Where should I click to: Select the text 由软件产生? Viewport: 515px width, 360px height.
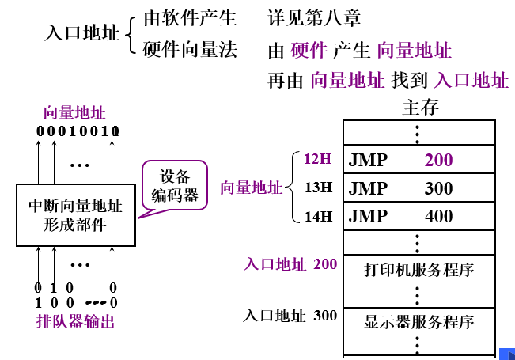(x=190, y=17)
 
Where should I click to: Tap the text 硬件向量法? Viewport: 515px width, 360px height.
(x=190, y=51)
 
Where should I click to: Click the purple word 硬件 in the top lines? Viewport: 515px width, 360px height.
(x=309, y=51)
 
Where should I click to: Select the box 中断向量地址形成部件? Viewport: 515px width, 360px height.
(x=75, y=215)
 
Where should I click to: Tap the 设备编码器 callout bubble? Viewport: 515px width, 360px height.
(x=175, y=185)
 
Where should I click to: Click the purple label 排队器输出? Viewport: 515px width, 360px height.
(x=76, y=321)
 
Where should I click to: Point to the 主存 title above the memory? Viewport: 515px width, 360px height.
(x=420, y=107)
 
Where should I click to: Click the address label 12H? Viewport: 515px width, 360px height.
(x=317, y=159)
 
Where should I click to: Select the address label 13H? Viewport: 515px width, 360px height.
(x=317, y=188)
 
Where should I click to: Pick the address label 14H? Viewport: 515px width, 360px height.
(x=317, y=216)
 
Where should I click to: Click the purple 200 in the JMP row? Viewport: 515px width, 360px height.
(x=438, y=160)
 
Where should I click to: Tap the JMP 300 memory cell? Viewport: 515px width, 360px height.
(x=418, y=188)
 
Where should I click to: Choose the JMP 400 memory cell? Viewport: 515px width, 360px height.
(x=418, y=216)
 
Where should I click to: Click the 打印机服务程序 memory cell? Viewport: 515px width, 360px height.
(x=418, y=270)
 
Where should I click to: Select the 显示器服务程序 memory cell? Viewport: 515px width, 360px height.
(x=418, y=322)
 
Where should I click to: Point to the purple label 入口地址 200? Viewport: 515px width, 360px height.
(x=290, y=263)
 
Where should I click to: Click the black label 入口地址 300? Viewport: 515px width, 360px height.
(x=290, y=316)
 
